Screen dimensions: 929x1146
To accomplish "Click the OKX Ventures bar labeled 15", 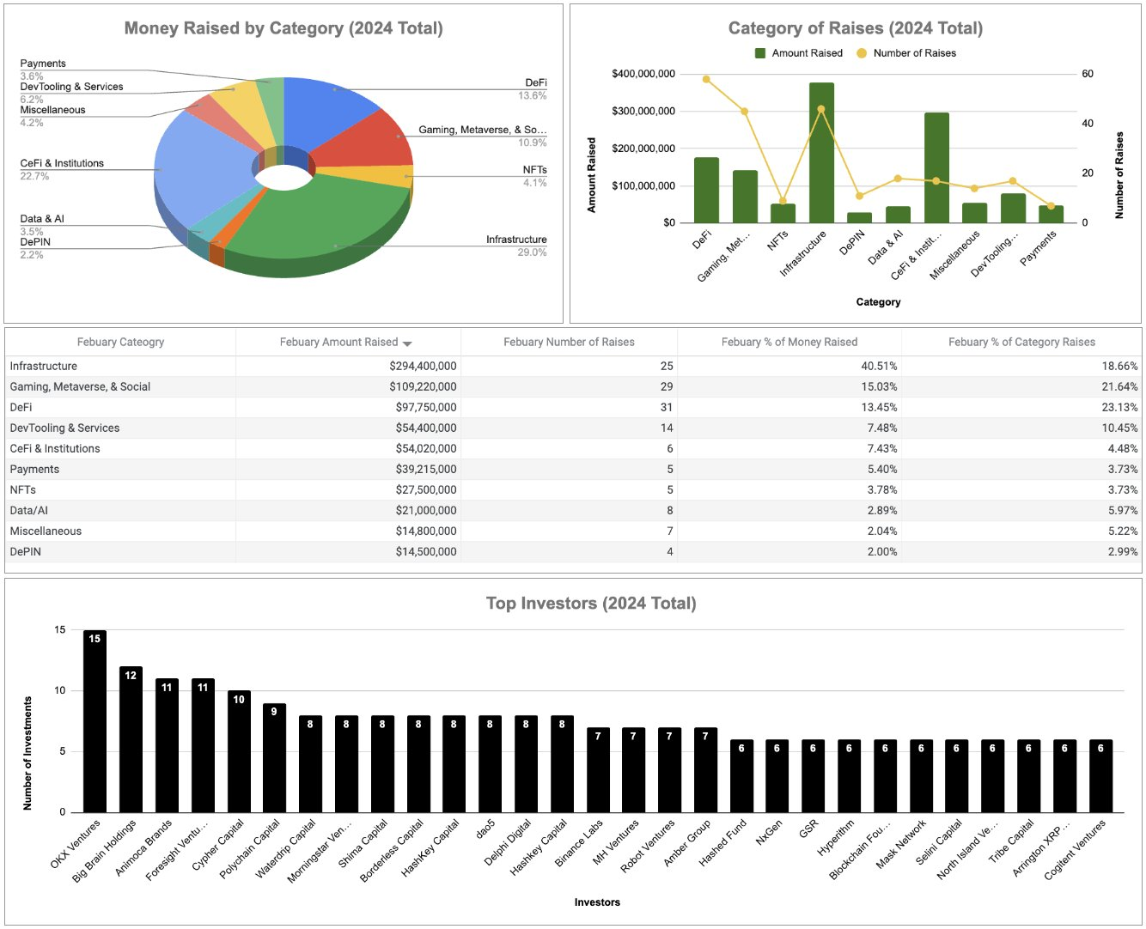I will point(94,721).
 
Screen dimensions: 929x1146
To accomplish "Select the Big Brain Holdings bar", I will point(131,739).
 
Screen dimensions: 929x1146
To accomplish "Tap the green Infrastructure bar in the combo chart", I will point(821,153).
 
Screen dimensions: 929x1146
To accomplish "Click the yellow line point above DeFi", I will point(706,79).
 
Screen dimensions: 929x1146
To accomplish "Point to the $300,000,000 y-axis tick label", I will point(643,111).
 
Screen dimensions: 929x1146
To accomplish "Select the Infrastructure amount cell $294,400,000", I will point(423,366).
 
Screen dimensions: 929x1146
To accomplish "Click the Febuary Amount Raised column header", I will point(338,342).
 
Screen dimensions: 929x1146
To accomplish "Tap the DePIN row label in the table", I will point(26,551).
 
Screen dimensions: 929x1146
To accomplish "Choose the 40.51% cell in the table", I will point(879,366).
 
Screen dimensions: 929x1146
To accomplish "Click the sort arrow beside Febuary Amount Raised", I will point(407,343).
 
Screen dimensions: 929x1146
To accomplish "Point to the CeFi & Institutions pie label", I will point(62,163).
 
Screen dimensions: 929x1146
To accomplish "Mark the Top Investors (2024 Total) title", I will point(591,604).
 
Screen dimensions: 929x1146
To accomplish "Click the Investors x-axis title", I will point(597,902).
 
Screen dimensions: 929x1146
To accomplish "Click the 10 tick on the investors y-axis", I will point(60,690).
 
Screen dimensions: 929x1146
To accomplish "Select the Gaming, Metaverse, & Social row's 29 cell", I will point(667,386).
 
